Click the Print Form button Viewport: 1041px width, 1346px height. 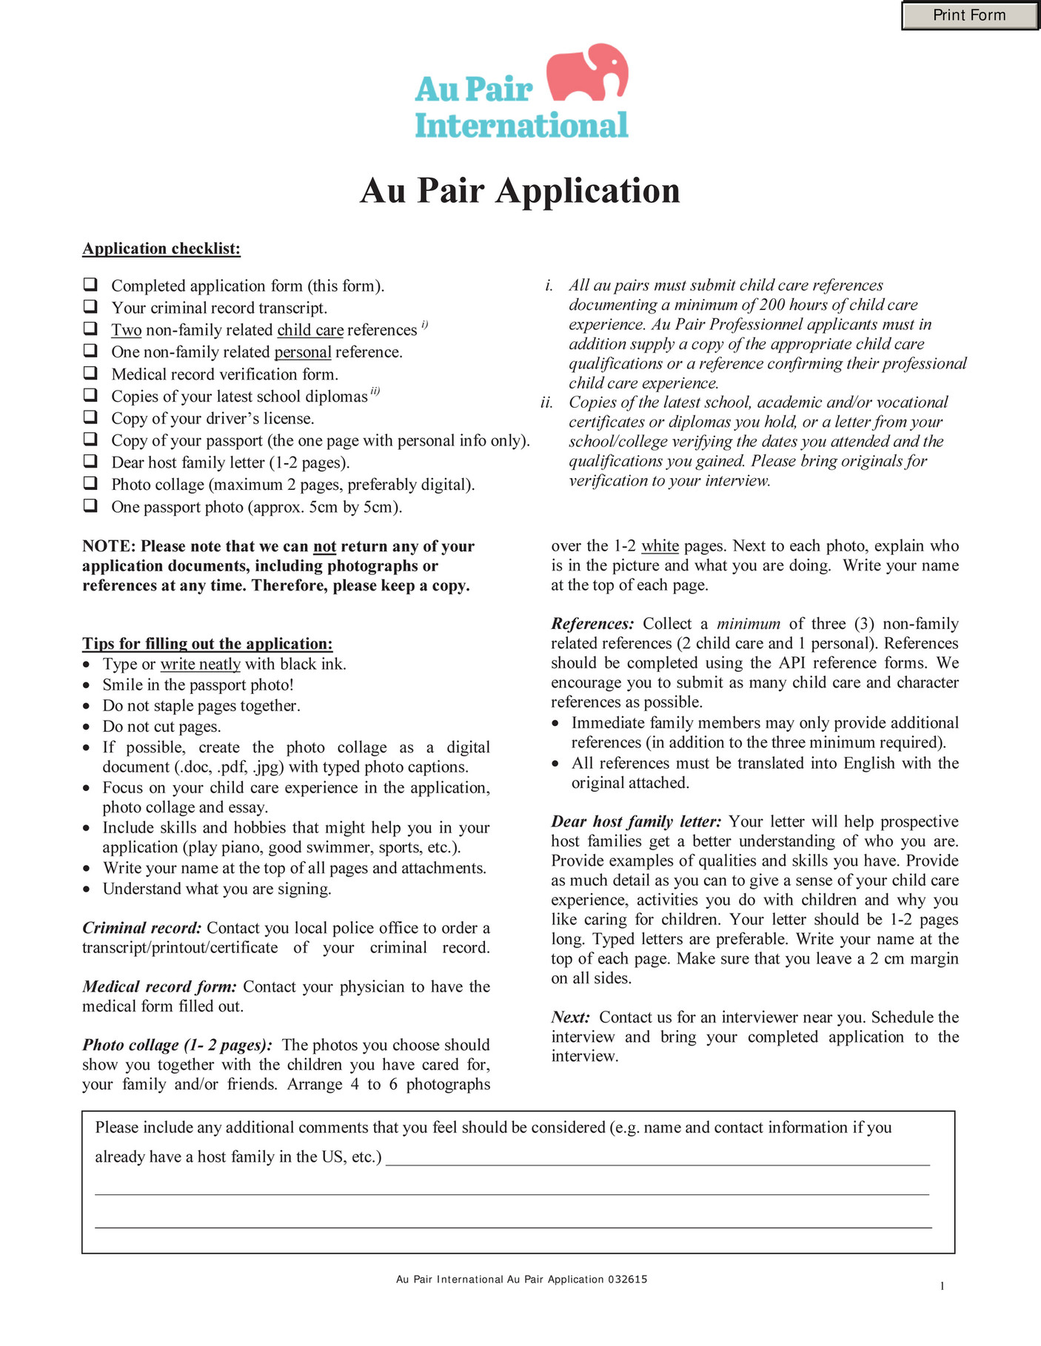click(x=969, y=16)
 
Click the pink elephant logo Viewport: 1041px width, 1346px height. click(x=587, y=72)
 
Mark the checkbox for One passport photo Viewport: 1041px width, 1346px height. click(x=90, y=505)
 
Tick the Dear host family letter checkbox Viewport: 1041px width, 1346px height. click(x=90, y=461)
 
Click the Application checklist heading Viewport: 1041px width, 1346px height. click(x=161, y=249)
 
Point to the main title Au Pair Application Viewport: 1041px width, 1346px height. click(x=520, y=191)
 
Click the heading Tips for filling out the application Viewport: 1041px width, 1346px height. click(x=207, y=643)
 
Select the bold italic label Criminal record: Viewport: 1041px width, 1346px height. click(x=141, y=928)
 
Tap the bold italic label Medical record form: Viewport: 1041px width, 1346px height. click(x=159, y=986)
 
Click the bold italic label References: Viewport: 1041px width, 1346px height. click(x=592, y=624)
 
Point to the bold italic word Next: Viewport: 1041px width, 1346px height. click(x=570, y=1017)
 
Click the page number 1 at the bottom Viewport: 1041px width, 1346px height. click(x=942, y=1286)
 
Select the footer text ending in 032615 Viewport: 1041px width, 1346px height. click(x=521, y=1279)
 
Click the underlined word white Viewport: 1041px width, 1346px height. click(x=660, y=546)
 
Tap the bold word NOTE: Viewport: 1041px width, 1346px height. click(x=109, y=546)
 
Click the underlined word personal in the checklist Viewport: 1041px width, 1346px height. click(x=303, y=352)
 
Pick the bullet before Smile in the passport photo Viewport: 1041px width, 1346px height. click(x=87, y=686)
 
